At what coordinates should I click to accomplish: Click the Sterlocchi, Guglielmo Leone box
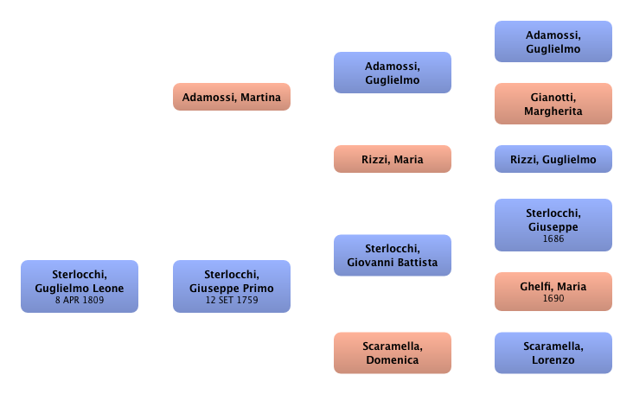[x=79, y=283]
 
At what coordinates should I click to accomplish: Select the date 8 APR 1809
[x=79, y=301]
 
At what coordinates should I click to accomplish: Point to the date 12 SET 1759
[x=231, y=301]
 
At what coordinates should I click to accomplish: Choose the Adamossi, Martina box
[x=231, y=98]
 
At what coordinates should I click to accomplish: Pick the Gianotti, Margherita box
[x=553, y=104]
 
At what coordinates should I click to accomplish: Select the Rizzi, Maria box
[x=392, y=159]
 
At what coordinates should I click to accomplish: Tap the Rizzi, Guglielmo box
[x=553, y=159]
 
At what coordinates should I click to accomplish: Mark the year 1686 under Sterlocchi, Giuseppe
[x=553, y=239]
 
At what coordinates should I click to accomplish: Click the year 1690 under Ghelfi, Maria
[x=553, y=298]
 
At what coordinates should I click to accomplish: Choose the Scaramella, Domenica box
[x=392, y=352]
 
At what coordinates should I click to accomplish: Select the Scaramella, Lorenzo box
[x=553, y=352]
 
